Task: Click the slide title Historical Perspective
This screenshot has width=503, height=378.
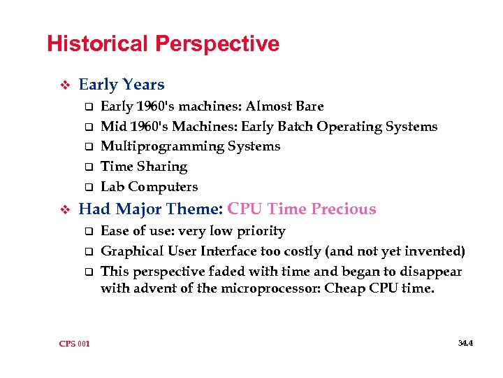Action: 163,44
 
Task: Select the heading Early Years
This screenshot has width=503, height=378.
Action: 122,85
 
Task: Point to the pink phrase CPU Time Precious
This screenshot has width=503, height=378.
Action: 302,209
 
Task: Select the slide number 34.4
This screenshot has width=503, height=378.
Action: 465,343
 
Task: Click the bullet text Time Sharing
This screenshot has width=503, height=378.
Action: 144,167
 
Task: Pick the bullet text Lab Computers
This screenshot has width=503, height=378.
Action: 149,187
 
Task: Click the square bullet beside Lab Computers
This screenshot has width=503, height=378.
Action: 89,188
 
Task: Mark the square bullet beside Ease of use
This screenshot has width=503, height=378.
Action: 89,232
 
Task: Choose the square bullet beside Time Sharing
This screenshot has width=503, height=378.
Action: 89,167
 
